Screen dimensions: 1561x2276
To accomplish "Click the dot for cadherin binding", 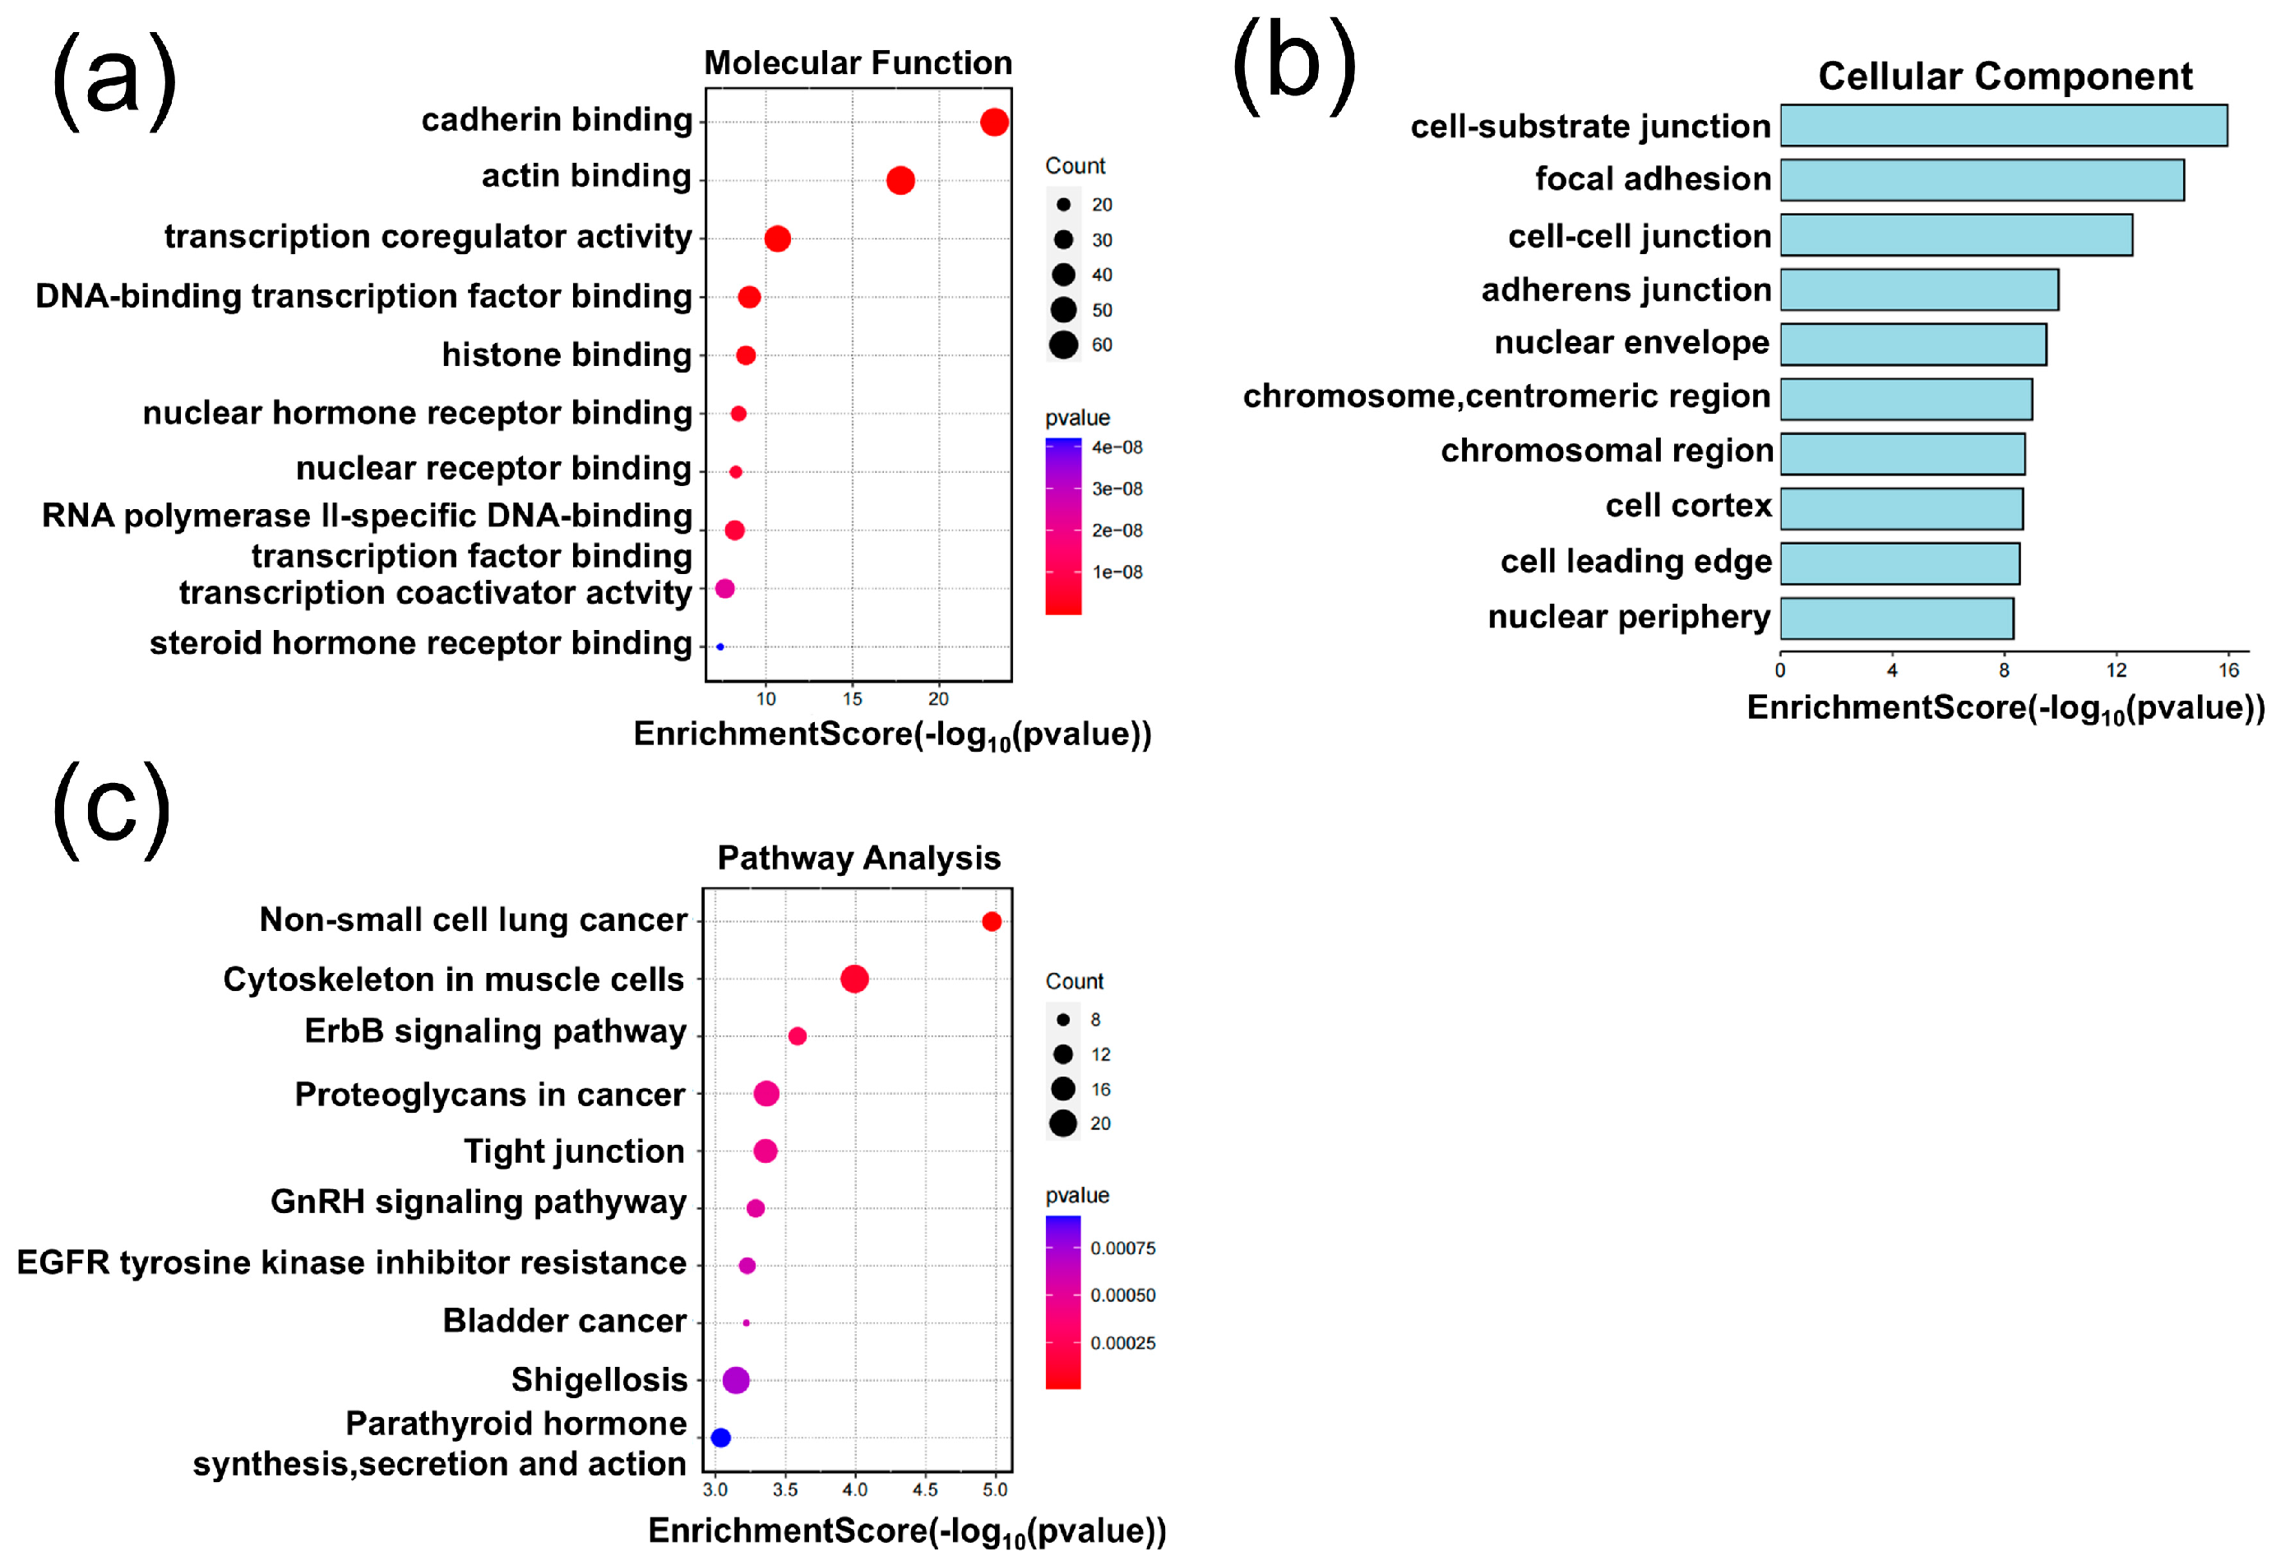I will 994,123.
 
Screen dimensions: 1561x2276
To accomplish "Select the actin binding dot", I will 900,180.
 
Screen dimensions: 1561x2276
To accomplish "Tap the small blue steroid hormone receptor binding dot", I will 719,646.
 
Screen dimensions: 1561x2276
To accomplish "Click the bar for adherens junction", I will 1918,290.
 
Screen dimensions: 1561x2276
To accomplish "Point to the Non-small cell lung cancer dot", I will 991,921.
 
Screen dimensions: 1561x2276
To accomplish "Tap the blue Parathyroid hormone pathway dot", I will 721,1438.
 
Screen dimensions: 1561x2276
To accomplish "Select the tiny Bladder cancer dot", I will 747,1323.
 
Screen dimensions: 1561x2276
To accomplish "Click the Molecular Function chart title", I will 858,63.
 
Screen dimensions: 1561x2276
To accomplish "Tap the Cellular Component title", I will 2005,76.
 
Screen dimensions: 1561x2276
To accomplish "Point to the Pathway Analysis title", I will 859,858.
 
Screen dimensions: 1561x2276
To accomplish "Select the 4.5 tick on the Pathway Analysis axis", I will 924,1489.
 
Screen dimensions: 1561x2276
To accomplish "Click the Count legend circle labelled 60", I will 1063,345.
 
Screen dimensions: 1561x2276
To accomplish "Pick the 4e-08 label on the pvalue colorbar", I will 1117,447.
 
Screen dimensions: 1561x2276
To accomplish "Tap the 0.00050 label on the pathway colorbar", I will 1122,1295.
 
